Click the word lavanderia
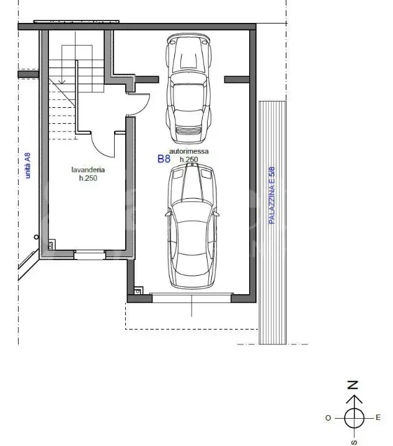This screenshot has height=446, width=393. [88, 170]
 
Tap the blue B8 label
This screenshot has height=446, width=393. [164, 159]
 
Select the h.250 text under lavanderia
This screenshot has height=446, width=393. [88, 178]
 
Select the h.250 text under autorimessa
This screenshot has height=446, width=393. [188, 160]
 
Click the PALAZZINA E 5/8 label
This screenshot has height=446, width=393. [272, 195]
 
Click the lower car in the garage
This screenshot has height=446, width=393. [192, 227]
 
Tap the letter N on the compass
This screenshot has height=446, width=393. [353, 385]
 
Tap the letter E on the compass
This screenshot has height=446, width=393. [378, 418]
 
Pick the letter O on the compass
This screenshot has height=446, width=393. [328, 418]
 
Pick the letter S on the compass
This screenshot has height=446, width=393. [353, 441]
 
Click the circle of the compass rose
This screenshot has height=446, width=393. [353, 418]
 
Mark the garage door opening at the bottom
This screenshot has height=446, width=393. [192, 297]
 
